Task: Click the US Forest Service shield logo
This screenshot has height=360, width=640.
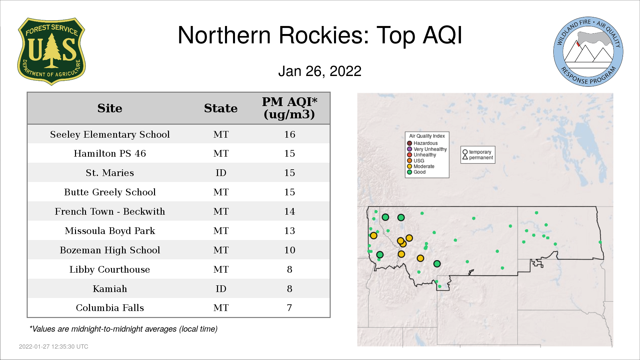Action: (x=51, y=51)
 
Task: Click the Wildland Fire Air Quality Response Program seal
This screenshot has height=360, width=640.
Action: (x=588, y=52)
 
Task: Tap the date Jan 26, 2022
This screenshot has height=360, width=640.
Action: (x=320, y=71)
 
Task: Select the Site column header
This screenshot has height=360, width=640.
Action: (x=110, y=108)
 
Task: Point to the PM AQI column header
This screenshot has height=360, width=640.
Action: (x=289, y=108)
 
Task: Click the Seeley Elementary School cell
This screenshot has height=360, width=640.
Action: (x=110, y=134)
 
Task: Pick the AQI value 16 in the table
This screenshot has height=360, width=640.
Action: (x=289, y=134)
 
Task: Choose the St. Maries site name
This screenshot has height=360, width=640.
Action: (x=110, y=173)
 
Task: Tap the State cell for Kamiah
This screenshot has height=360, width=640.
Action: (x=221, y=289)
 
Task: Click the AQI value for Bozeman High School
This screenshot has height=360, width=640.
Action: (x=289, y=250)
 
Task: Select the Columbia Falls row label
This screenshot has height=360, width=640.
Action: (x=110, y=308)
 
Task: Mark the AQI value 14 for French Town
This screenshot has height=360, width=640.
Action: (x=289, y=211)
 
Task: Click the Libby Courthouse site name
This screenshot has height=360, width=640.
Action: (x=110, y=269)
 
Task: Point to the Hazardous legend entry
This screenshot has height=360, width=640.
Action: (x=422, y=143)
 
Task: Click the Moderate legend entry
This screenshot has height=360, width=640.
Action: (x=421, y=166)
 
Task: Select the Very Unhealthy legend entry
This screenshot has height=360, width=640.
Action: (x=427, y=149)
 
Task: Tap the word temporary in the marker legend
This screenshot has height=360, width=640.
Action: (x=480, y=152)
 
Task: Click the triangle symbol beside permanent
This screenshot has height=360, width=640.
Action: (x=465, y=157)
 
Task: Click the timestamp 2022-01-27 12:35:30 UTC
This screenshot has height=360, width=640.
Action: (x=54, y=347)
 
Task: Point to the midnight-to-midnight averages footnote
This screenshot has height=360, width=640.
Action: (x=123, y=329)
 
